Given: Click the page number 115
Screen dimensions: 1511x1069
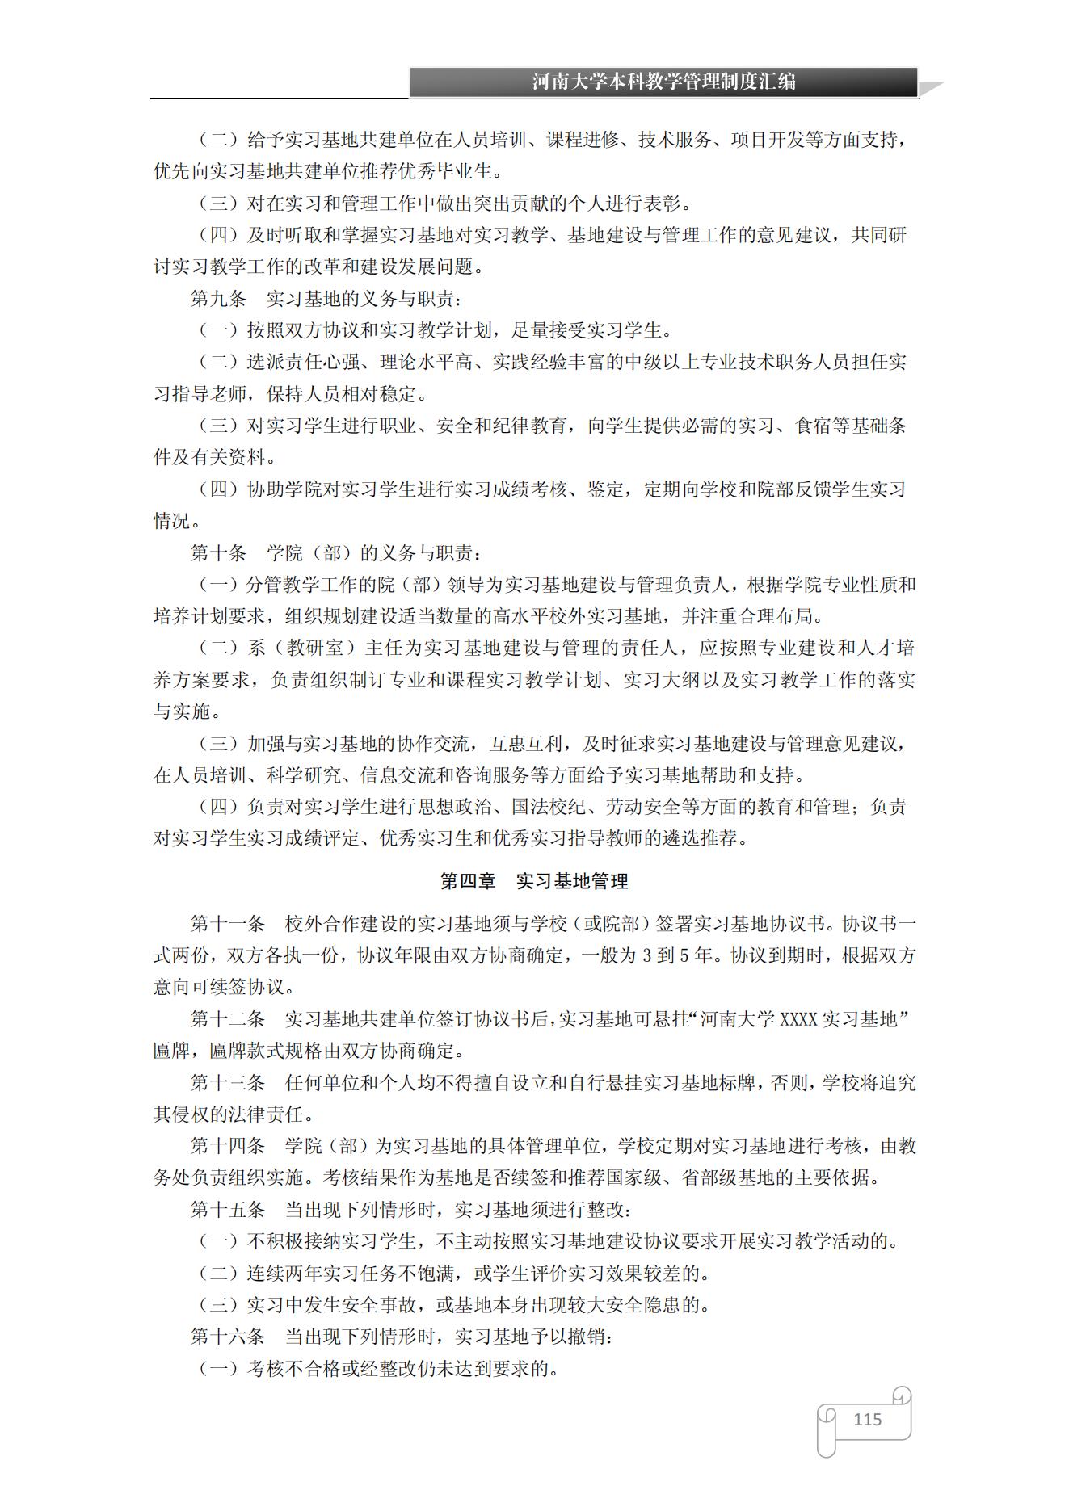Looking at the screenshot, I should pyautogui.click(x=867, y=1420).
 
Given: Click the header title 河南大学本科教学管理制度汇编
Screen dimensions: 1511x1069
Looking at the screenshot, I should pyautogui.click(x=663, y=82).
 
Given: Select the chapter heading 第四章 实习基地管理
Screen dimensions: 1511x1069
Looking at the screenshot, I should pyautogui.click(x=534, y=881).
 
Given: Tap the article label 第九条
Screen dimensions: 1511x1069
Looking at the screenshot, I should pyautogui.click(x=218, y=299).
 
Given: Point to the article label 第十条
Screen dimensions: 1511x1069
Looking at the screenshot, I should pyautogui.click(x=218, y=553).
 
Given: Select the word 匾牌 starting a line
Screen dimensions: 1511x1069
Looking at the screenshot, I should pyautogui.click(x=171, y=1051).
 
